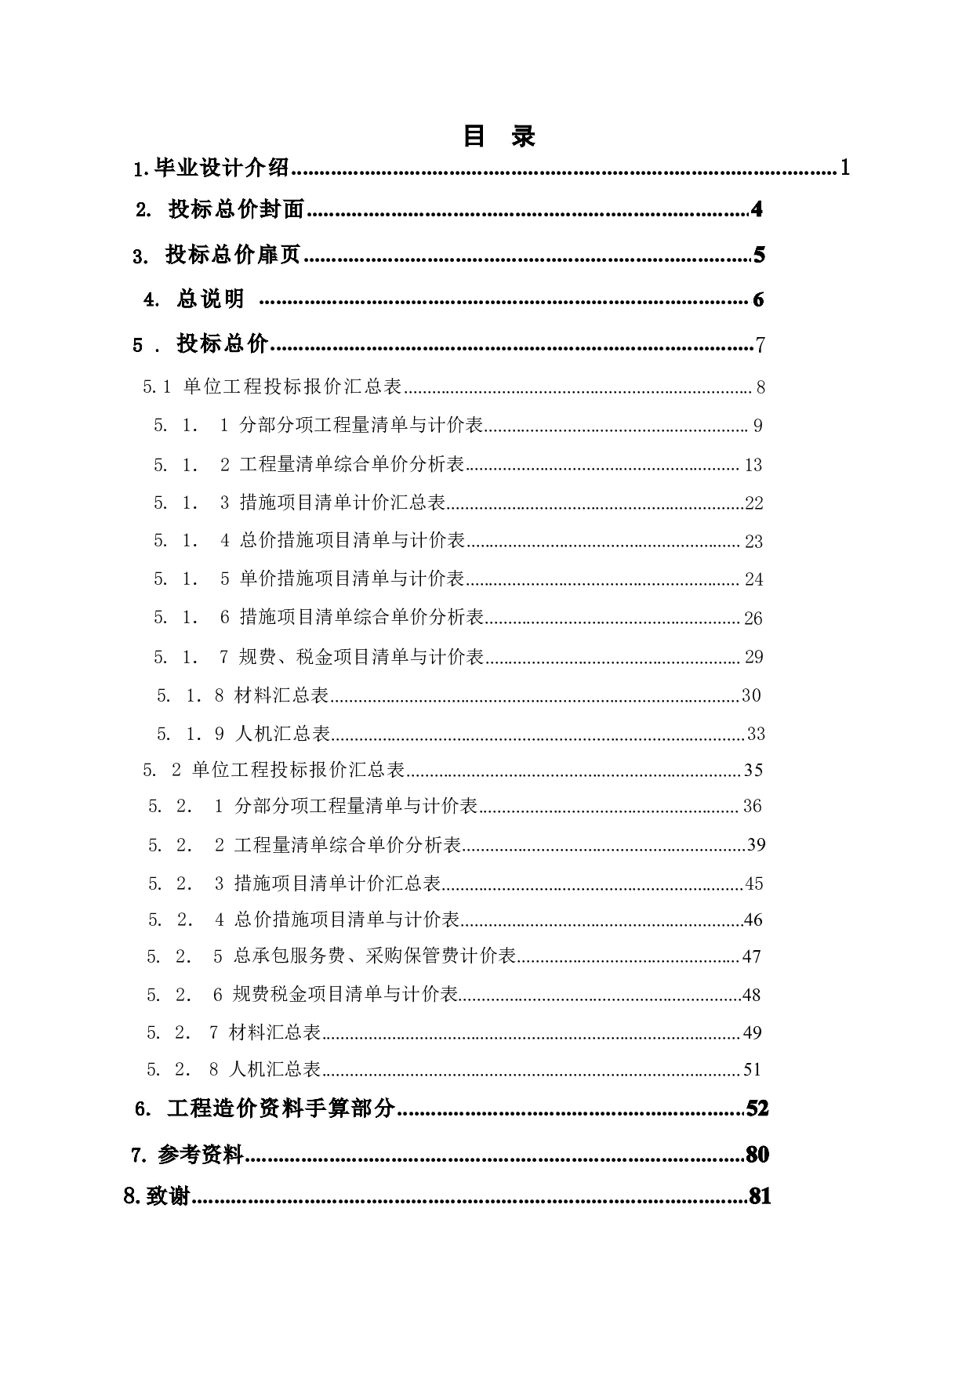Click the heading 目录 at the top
click(x=499, y=136)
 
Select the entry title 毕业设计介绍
click(x=221, y=168)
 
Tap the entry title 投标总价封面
click(x=236, y=209)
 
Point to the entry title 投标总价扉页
click(x=233, y=255)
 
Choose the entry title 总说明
click(x=210, y=299)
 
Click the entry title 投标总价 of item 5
click(x=223, y=343)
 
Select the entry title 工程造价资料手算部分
click(x=281, y=1108)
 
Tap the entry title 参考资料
click(x=201, y=1154)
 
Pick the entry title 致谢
click(x=169, y=1196)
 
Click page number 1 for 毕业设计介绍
click(x=845, y=167)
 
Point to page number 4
click(x=757, y=209)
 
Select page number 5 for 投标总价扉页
click(x=759, y=255)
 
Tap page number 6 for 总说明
click(x=758, y=299)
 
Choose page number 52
click(x=757, y=1108)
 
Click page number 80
click(x=757, y=1154)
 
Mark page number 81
click(x=760, y=1196)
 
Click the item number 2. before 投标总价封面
click(x=143, y=210)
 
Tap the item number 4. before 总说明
click(x=151, y=299)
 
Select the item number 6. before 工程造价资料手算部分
click(x=143, y=1108)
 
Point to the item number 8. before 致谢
click(x=132, y=1196)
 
